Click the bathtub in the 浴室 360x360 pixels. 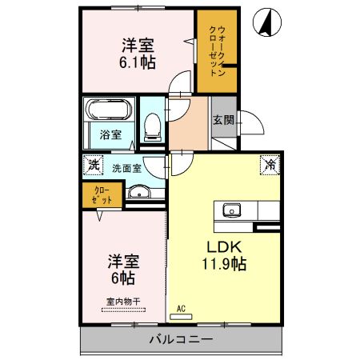(110, 110)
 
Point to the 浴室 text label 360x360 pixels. (110, 134)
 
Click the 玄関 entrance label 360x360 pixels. (223, 121)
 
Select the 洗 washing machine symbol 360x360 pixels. (92, 166)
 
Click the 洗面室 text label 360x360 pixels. (126, 168)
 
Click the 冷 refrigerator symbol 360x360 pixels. (270, 166)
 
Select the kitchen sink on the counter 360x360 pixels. (233, 210)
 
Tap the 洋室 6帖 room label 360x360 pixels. (122, 270)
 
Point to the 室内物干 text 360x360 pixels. (122, 302)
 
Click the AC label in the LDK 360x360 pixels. (181, 308)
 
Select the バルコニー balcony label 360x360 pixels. (181, 340)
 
